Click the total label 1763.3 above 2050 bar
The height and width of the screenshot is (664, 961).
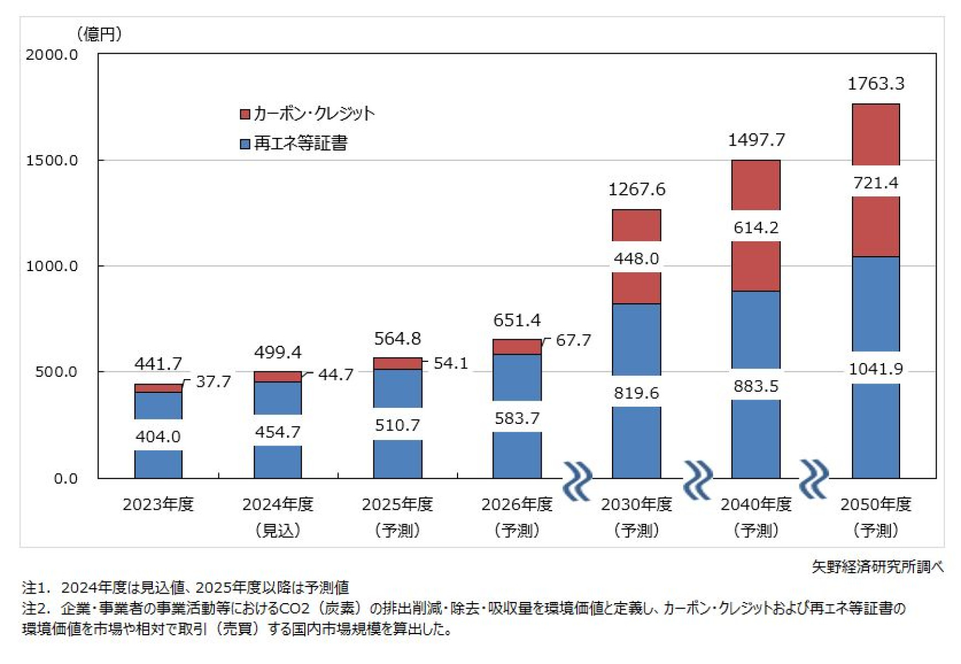pyautogui.click(x=875, y=84)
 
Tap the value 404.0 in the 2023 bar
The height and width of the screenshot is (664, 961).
pyautogui.click(x=158, y=437)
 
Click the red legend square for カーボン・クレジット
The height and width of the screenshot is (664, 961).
pyautogui.click(x=245, y=114)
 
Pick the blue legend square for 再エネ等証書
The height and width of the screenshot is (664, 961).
pyautogui.click(x=245, y=144)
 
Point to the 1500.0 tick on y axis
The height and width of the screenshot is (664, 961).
pyautogui.click(x=52, y=160)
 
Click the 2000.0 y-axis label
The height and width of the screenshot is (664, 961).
pyautogui.click(x=52, y=55)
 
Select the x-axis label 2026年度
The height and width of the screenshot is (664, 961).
pyautogui.click(x=517, y=504)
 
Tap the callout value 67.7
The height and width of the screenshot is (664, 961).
pyautogui.click(x=573, y=340)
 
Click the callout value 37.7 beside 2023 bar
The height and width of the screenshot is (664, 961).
pyautogui.click(x=213, y=381)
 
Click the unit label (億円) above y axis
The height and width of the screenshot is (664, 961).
pyautogui.click(x=100, y=34)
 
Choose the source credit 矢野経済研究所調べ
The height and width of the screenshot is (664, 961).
pyautogui.click(x=877, y=567)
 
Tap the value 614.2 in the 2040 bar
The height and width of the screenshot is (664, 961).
pyautogui.click(x=756, y=227)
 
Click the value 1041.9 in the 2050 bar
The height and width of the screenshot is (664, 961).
pyautogui.click(x=875, y=369)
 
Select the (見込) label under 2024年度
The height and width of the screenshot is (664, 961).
pyautogui.click(x=278, y=531)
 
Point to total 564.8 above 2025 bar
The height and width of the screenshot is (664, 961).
pyautogui.click(x=397, y=339)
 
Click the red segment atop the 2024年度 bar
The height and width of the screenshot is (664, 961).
pyautogui.click(x=278, y=377)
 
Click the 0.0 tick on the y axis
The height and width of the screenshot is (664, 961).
pyautogui.click(x=65, y=479)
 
